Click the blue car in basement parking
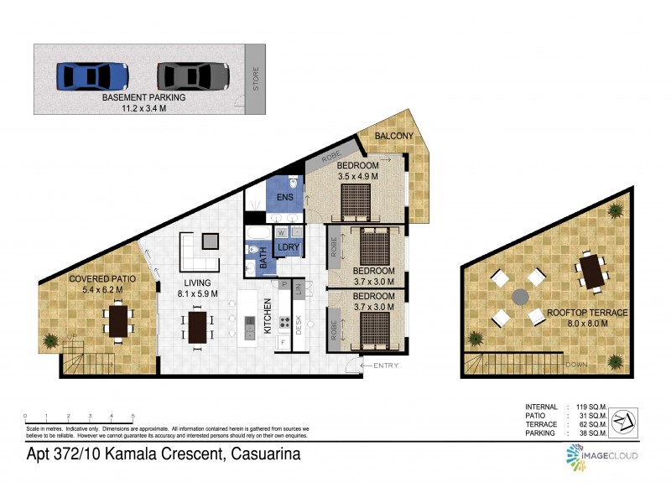click(93, 76)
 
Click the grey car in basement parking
click(193, 76)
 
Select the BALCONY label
click(392, 136)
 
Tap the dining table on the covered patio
click(118, 321)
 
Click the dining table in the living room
click(198, 328)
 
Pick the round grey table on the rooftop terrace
click(520, 297)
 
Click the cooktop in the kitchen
click(285, 320)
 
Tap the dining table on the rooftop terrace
click(592, 272)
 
